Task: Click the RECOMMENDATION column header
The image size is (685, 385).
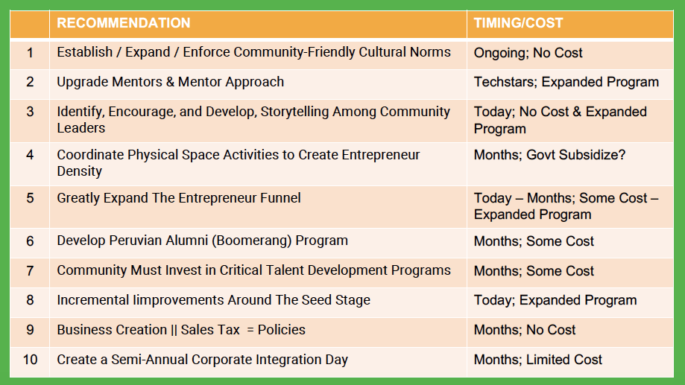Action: pyautogui.click(x=124, y=23)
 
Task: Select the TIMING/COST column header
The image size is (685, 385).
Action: pyautogui.click(x=519, y=23)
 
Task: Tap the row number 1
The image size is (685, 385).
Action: pyautogui.click(x=30, y=53)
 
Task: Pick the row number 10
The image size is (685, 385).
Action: pyautogui.click(x=30, y=360)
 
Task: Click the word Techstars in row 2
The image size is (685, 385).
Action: pyautogui.click(x=505, y=82)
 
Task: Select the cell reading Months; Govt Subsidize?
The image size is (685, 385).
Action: pyautogui.click(x=549, y=155)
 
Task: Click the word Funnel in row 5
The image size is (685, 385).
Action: pyautogui.click(x=280, y=198)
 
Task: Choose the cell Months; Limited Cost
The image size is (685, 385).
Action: pyautogui.click(x=537, y=360)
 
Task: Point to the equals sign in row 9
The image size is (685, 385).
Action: pyautogui.click(x=250, y=330)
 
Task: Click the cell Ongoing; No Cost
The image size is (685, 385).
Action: pyautogui.click(x=528, y=53)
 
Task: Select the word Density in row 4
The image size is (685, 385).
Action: pyautogui.click(x=79, y=171)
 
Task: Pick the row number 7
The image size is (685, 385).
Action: pyautogui.click(x=30, y=271)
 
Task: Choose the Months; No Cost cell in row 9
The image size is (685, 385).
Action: pyautogui.click(x=525, y=330)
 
